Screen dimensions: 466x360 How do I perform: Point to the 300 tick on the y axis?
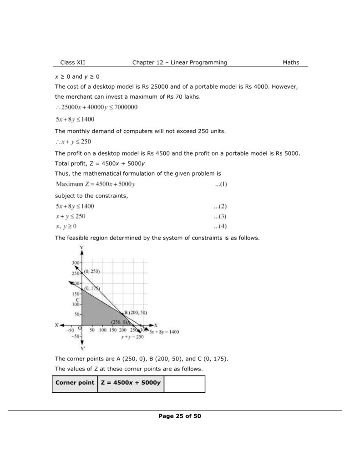76,263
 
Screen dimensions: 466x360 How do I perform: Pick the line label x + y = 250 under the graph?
132,337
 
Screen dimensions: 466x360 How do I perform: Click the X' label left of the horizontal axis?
58,325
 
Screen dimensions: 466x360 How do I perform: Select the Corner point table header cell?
75,383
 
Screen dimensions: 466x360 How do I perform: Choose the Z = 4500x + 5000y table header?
131,383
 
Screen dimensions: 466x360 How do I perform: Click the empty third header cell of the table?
184,383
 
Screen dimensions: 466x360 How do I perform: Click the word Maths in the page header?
291,62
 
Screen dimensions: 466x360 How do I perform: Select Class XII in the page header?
72,62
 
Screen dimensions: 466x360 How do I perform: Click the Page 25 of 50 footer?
180,416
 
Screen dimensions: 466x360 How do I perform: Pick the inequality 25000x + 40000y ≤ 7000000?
96,107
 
